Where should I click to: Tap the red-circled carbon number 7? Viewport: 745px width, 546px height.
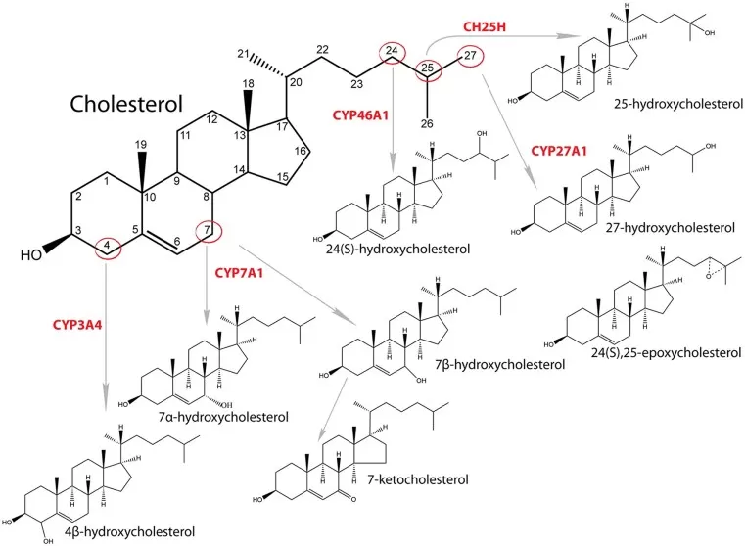208,231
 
